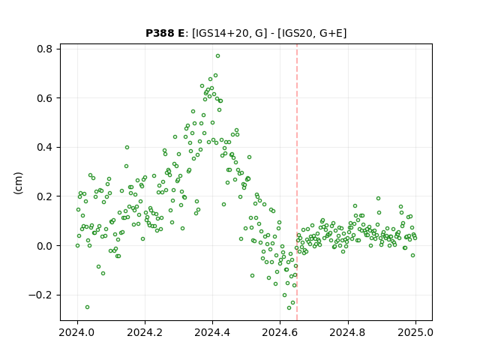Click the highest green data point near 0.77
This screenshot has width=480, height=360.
pos(217,56)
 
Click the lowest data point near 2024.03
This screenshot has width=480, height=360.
pos(87,307)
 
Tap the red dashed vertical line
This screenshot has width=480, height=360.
pos(297,182)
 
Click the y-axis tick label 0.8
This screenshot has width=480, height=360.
pos(45,49)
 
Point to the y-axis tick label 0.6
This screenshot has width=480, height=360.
pos(45,98)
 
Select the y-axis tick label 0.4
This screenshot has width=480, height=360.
pos(45,147)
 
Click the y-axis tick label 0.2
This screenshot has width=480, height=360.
pos(45,196)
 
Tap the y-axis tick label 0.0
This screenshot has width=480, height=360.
pos(45,246)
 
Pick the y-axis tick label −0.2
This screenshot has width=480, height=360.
pos(40,295)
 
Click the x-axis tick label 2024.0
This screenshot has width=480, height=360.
pos(77,332)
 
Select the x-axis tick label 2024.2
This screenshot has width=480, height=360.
pos(145,332)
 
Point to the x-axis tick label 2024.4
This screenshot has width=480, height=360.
pos(212,332)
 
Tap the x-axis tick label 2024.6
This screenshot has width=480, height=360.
pos(280,332)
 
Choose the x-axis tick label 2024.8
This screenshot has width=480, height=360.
pos(348,332)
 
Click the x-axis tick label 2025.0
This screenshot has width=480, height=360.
pos(415,332)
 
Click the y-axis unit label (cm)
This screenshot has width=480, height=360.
pos(18,183)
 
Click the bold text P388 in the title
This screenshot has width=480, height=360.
pos(159,33)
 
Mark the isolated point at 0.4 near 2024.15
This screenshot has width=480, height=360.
pos(127,148)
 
